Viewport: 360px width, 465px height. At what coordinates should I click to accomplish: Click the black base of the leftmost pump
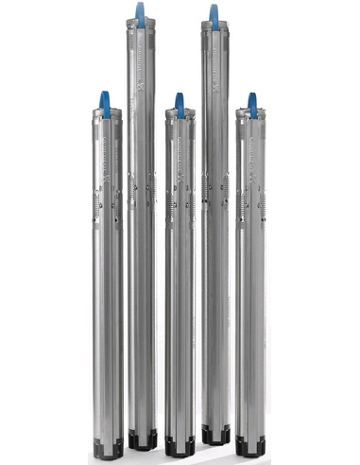tap(108, 445)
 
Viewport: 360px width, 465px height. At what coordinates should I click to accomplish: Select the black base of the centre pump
tap(180, 445)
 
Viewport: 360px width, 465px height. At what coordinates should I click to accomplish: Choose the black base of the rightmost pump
tap(253, 445)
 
